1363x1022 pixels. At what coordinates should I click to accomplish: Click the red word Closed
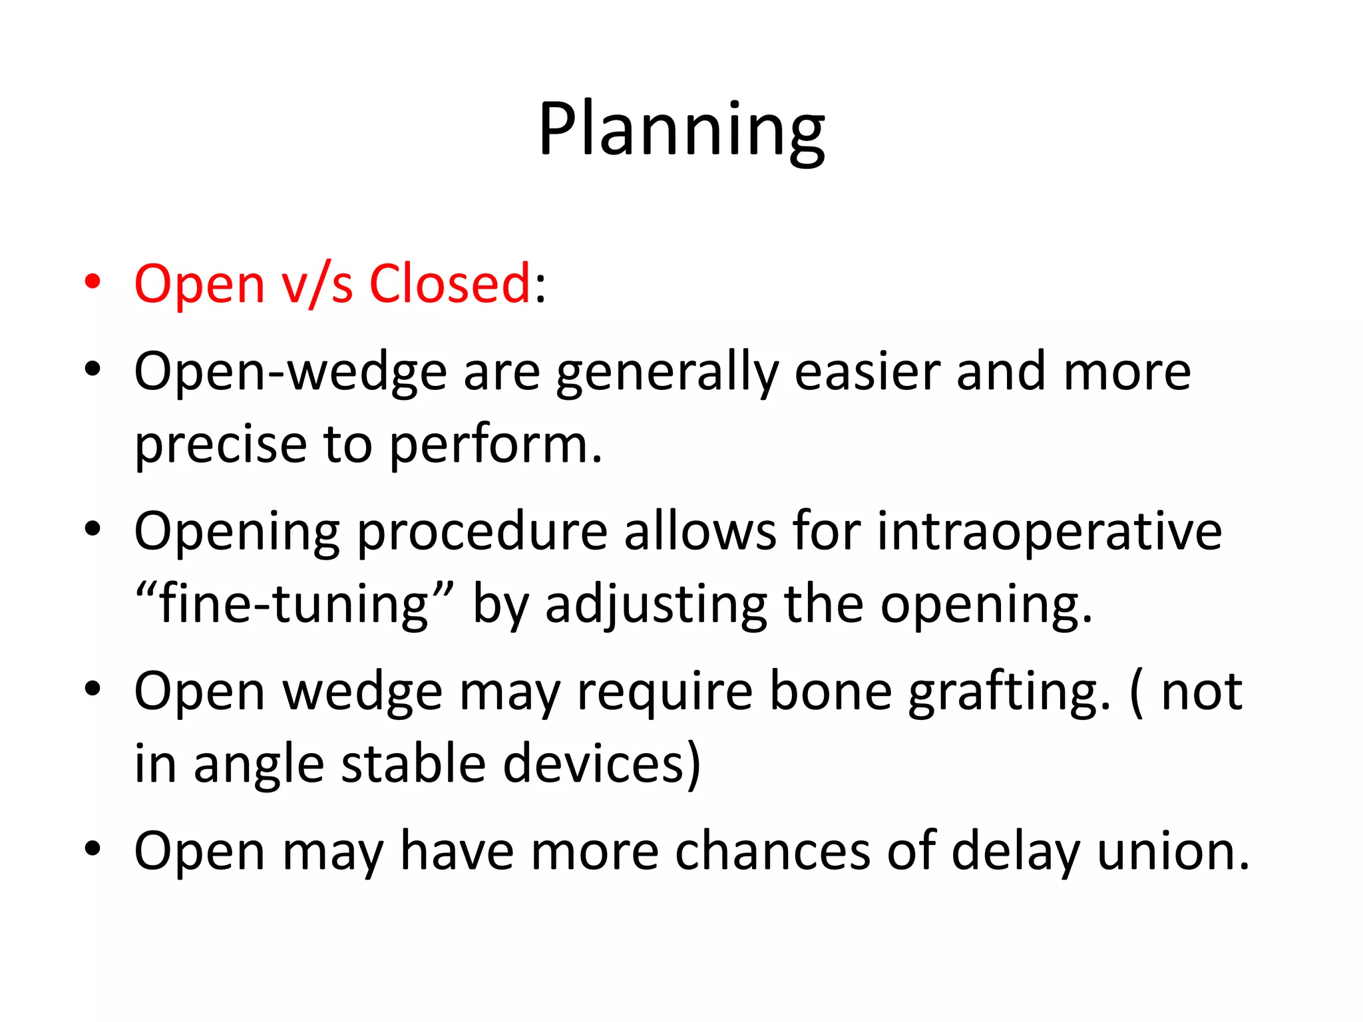tap(449, 284)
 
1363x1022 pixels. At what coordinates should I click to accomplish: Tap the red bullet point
tap(93, 282)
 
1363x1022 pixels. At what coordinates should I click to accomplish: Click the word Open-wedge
tap(290, 373)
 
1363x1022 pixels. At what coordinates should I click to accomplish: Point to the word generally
tap(667, 373)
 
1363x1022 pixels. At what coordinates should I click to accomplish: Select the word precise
tap(220, 444)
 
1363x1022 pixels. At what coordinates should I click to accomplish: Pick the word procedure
tap(482, 532)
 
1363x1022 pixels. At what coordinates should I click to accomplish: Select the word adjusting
tap(656, 604)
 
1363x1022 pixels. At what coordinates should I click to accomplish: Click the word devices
tap(594, 764)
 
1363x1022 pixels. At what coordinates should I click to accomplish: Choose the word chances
tap(772, 852)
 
